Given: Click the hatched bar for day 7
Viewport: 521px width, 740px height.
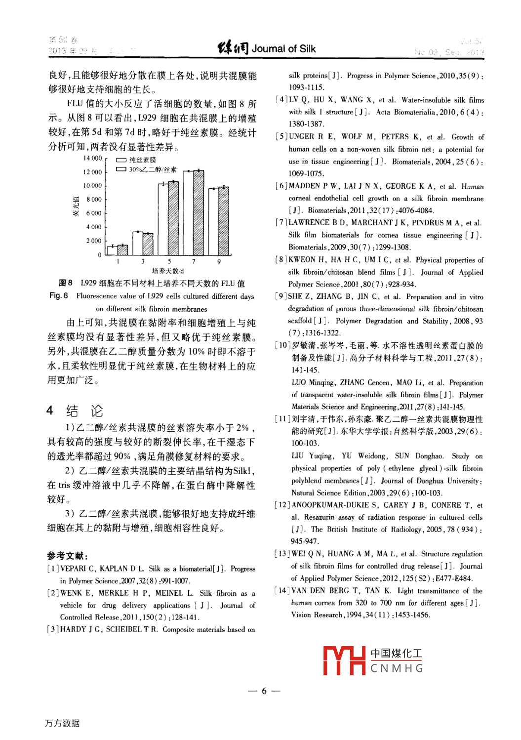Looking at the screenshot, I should tap(199, 212).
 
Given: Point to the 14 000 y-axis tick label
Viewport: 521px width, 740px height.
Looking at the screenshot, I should tap(92, 158).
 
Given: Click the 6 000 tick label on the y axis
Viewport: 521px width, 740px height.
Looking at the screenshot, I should tap(94, 213).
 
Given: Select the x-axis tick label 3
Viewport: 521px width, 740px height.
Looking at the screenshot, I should tap(143, 261).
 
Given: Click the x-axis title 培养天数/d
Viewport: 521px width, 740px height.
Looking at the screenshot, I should tap(168, 271).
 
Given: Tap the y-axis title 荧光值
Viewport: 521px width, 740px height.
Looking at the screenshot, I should tap(76, 206).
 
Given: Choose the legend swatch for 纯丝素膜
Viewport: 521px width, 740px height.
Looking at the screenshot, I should tap(121, 160).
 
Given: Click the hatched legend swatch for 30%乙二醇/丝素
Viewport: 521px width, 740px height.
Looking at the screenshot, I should tap(121, 169).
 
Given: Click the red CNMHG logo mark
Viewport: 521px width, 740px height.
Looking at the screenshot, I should tap(344, 660).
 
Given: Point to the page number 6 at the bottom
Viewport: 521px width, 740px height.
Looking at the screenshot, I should tap(264, 691).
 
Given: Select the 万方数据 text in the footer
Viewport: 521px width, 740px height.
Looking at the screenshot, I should tap(62, 723).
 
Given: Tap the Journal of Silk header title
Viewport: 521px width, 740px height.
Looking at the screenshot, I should tap(283, 48).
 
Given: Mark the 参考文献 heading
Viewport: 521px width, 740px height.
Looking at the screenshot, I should tap(67, 556).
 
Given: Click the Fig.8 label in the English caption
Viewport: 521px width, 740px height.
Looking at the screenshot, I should tap(58, 296).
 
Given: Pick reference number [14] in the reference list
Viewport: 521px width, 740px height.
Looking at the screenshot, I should tap(281, 590).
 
